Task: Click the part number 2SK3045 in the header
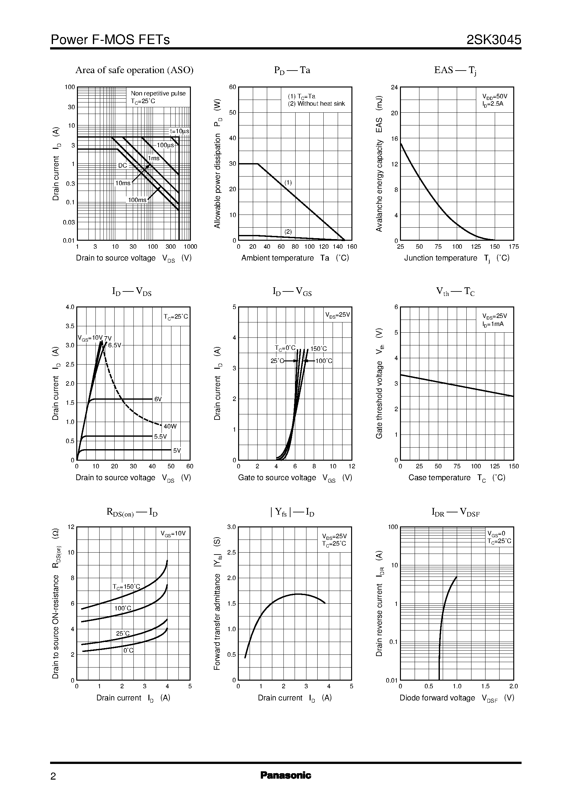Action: (493, 40)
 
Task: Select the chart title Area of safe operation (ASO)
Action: (134, 70)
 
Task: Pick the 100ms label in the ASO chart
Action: (137, 200)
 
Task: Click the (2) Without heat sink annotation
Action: (316, 103)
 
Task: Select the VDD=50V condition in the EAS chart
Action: (494, 96)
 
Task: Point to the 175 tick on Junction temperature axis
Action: (514, 246)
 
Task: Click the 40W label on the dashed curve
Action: (170, 427)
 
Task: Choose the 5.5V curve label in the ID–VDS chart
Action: (160, 437)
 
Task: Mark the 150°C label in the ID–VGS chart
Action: (319, 349)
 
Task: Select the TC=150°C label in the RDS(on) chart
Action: (126, 587)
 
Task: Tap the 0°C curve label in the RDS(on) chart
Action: (128, 651)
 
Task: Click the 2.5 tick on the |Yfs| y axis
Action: (231, 553)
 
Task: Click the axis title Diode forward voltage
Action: (437, 698)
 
